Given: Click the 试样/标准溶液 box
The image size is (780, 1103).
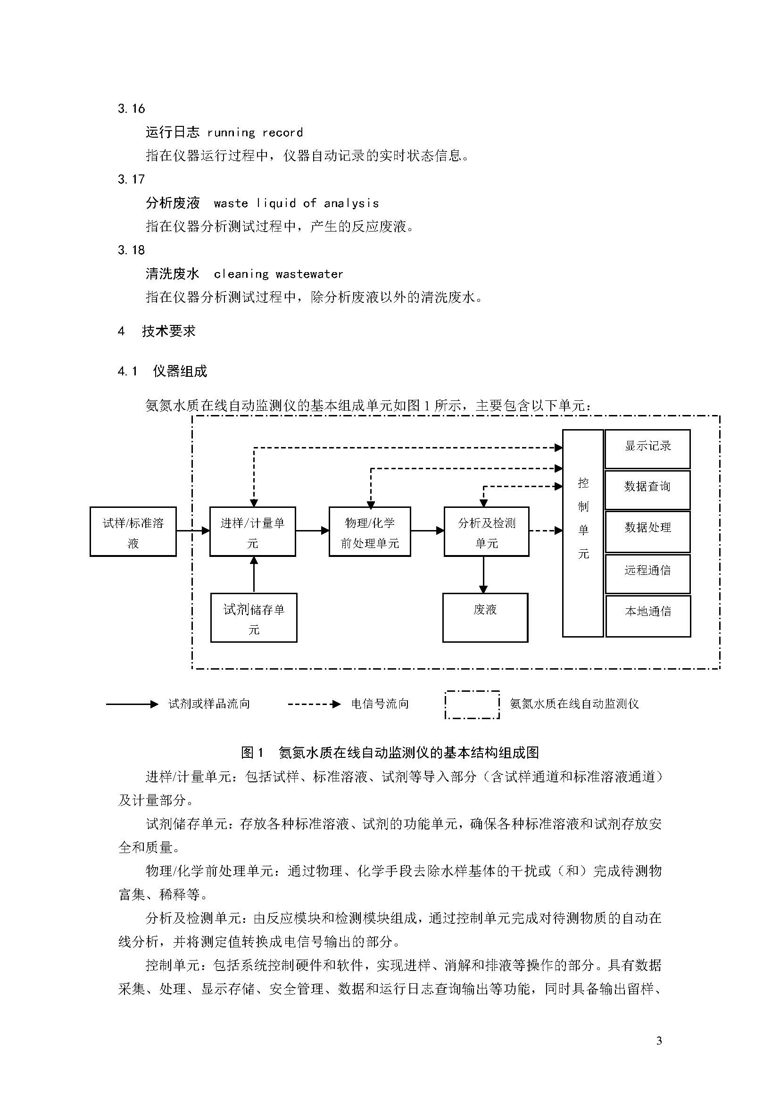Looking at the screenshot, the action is (133, 531).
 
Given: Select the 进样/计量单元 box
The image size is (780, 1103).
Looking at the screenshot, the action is (253, 531).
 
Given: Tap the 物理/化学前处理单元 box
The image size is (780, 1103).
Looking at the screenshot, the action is (370, 531).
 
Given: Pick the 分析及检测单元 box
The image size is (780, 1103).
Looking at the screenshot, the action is (487, 531).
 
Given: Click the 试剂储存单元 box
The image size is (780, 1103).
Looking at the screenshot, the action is (254, 618).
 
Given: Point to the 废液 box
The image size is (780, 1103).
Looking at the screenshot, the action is (485, 618).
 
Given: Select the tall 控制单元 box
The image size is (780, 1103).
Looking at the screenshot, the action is (583, 533).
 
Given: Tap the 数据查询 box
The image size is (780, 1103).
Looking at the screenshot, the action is (647, 489).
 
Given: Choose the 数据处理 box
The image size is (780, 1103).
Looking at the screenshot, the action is (647, 531).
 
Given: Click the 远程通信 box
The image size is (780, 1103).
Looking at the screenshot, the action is (648, 573).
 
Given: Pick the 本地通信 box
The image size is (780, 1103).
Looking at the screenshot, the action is (648, 616).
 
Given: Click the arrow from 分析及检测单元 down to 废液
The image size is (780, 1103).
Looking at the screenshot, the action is (484, 574).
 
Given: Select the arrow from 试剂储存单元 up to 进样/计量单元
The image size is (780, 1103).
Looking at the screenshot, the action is (254, 574).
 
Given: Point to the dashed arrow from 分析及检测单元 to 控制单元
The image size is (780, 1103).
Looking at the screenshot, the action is (546, 531).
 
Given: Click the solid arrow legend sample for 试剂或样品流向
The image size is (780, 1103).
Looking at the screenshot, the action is (132, 704).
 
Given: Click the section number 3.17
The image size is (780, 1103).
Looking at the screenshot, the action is (131, 179).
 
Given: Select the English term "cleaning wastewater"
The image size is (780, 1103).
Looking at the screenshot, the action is (279, 274).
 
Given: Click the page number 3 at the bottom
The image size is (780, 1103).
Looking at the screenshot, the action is (659, 1041).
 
